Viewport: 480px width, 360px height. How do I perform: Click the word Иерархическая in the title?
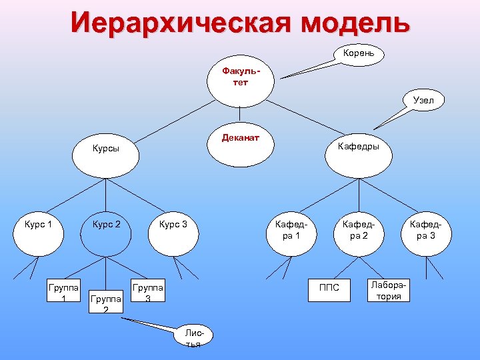tap(180, 22)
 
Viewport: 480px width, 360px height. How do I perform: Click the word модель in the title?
tap(355, 22)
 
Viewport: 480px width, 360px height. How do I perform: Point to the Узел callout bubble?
tap(423, 101)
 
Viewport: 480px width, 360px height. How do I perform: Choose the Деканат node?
tap(240, 141)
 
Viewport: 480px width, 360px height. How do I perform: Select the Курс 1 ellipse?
tap(38, 231)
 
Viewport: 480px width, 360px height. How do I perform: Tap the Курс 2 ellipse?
tap(107, 231)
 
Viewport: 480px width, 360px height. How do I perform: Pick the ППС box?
tap(329, 287)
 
